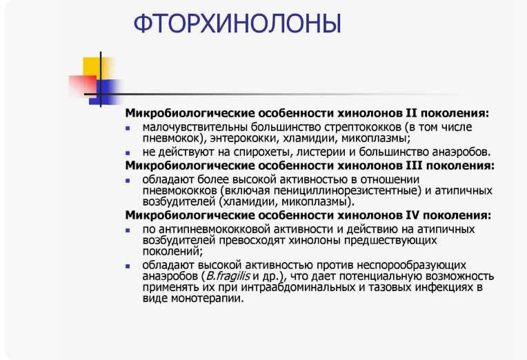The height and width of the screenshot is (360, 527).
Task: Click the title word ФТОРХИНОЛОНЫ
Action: tap(237, 23)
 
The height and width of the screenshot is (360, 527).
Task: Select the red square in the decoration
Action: tap(83, 86)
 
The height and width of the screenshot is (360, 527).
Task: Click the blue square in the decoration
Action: tap(106, 92)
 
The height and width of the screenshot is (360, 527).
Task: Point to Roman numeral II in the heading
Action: tap(411, 113)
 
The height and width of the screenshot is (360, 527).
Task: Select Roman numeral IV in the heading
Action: tap(413, 214)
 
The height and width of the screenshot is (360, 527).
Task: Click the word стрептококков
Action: tap(363, 128)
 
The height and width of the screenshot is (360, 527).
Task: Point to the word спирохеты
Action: tap(261, 152)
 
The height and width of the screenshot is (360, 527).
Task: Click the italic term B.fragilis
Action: tap(228, 276)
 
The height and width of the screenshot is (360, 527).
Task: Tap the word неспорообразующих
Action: tap(411, 266)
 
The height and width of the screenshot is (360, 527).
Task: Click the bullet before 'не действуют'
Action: tap(128, 153)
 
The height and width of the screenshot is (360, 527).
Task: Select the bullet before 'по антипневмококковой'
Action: tap(128, 230)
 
